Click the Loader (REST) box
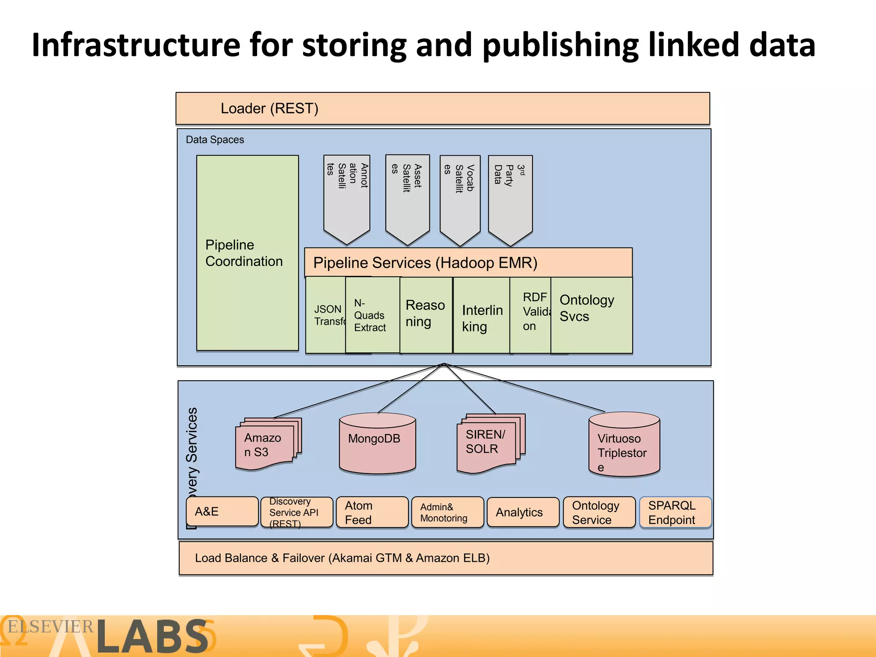442,109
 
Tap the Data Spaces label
215,140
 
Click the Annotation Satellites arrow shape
346,197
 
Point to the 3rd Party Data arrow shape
510,197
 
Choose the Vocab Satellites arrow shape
460,197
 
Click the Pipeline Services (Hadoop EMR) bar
468,263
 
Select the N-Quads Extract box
371,315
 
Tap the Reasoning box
426,314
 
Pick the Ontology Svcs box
591,314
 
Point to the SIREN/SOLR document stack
488,443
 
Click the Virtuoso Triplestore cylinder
624,445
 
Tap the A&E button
222,512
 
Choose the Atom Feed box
372,512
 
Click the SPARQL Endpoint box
675,512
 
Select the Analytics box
523,512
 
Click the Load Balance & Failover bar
446,558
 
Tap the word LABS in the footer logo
152,637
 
